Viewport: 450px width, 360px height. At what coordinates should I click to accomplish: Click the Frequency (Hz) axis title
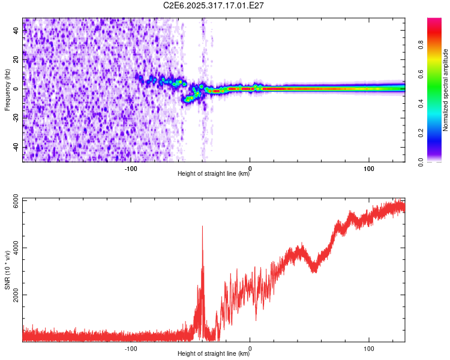click(x=7, y=90)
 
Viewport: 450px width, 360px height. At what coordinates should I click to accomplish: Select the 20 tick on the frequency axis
click(x=17, y=59)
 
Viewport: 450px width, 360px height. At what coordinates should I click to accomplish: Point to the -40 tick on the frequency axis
click(x=16, y=148)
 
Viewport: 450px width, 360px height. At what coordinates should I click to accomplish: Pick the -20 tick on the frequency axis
click(x=16, y=118)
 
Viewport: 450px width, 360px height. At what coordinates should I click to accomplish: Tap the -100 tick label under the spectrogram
click(x=131, y=168)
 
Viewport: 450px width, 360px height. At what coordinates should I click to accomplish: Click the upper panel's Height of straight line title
click(x=214, y=174)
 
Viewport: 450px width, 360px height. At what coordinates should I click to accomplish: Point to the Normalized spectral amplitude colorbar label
click(x=445, y=90)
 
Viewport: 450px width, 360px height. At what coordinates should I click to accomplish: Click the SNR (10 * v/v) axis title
click(x=7, y=270)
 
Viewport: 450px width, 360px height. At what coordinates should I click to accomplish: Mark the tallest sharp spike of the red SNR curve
click(x=202, y=226)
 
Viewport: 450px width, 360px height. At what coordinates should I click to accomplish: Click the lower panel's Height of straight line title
click(x=214, y=354)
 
